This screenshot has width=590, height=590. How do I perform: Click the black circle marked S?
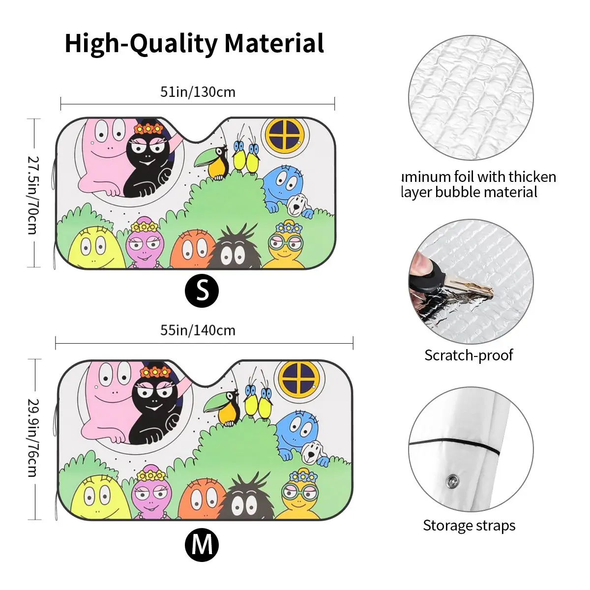coord(202,291)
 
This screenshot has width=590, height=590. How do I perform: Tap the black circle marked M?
coord(202,544)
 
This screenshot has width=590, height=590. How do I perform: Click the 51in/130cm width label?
coord(198,92)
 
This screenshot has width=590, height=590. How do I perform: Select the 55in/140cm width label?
coord(198,330)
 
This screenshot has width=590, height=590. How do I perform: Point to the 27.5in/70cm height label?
coord(32,195)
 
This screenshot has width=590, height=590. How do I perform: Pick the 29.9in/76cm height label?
coord(32,437)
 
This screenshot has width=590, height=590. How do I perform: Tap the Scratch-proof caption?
coord(469,355)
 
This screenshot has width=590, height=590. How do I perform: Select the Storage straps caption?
coord(469,525)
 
